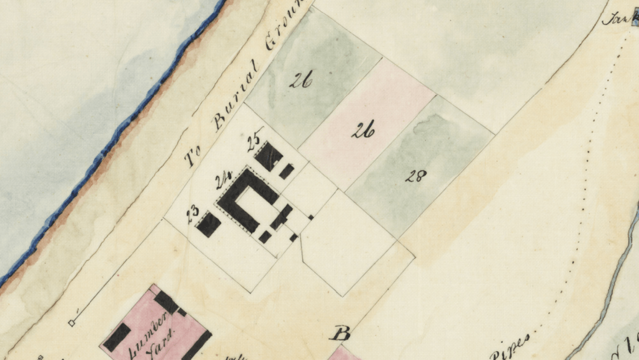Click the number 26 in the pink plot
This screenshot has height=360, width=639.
(x=363, y=131)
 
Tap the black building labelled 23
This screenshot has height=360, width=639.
(x=209, y=224)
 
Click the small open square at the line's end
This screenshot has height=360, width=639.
(x=72, y=322)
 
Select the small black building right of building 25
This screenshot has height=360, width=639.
(x=286, y=171)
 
